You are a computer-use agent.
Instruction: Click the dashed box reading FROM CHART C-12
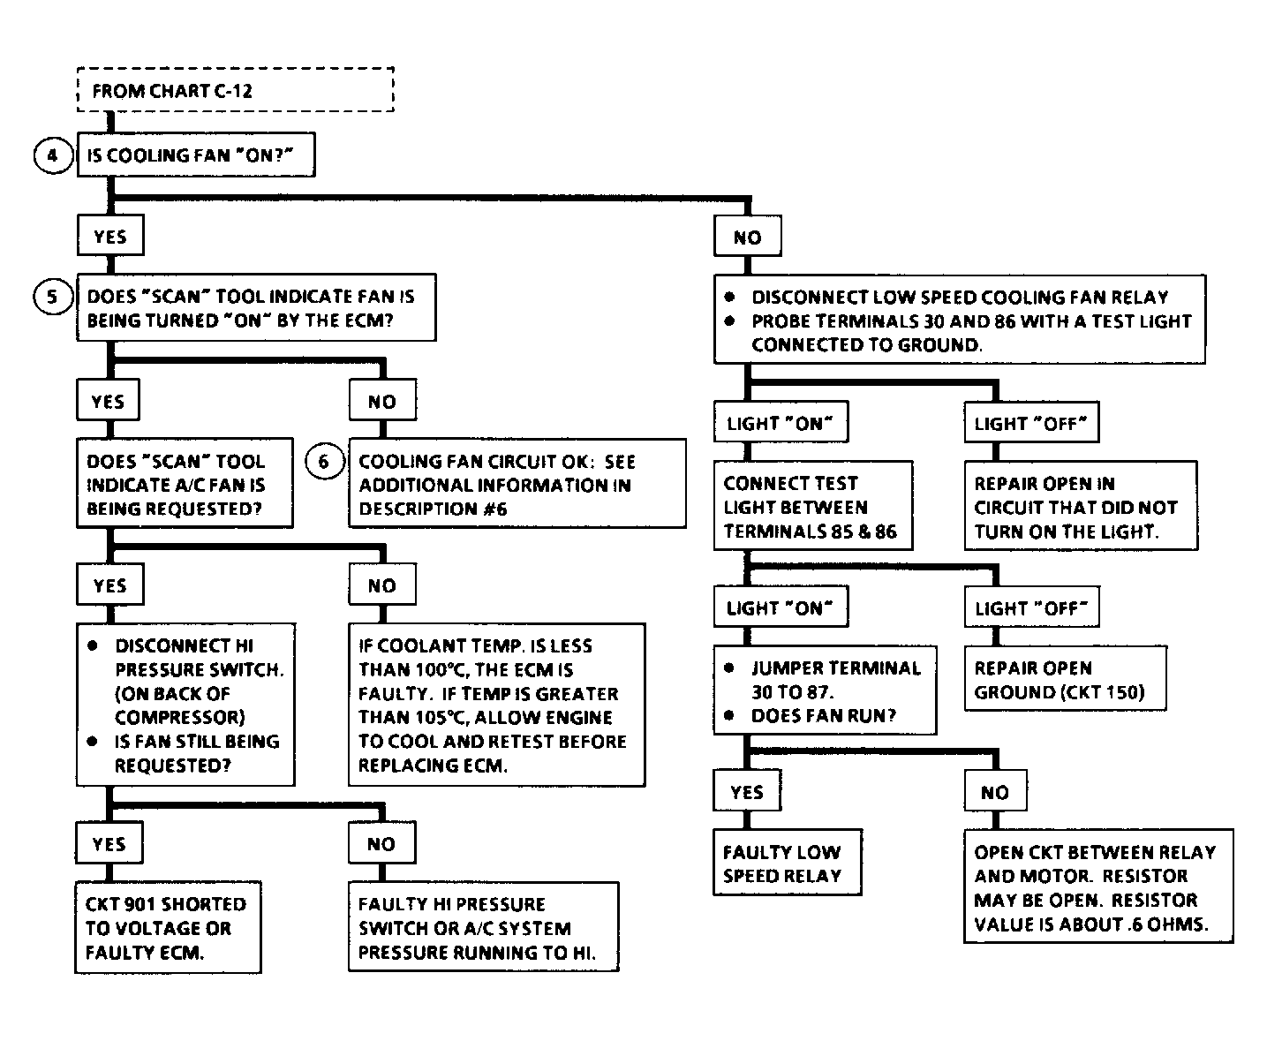[236, 90]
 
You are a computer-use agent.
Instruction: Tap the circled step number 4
[53, 155]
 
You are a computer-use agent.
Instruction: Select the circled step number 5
[53, 297]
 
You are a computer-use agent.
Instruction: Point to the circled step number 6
[324, 461]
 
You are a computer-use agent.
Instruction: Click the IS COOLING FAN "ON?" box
[196, 155]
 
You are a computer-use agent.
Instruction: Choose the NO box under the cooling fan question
[747, 236]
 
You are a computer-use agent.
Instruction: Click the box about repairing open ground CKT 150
[1065, 679]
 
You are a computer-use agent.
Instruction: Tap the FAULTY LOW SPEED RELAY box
[787, 863]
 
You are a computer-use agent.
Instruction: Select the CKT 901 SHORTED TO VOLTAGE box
[169, 927]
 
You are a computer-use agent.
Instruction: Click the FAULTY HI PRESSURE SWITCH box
[484, 927]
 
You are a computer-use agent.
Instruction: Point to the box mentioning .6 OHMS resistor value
[1098, 886]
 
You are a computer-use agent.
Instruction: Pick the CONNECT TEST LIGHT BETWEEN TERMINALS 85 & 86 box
[813, 506]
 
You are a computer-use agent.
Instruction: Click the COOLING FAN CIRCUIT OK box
[517, 484]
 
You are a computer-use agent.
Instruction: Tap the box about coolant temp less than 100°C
[497, 705]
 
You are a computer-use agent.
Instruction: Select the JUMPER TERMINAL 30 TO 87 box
[825, 690]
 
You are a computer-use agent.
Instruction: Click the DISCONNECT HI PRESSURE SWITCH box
[185, 705]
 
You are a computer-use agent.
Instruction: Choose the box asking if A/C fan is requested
[185, 483]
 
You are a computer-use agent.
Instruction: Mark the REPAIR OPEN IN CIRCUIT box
[1081, 506]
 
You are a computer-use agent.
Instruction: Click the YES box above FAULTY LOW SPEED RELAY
[747, 790]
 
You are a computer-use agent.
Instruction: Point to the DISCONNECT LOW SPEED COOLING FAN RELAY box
[960, 320]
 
